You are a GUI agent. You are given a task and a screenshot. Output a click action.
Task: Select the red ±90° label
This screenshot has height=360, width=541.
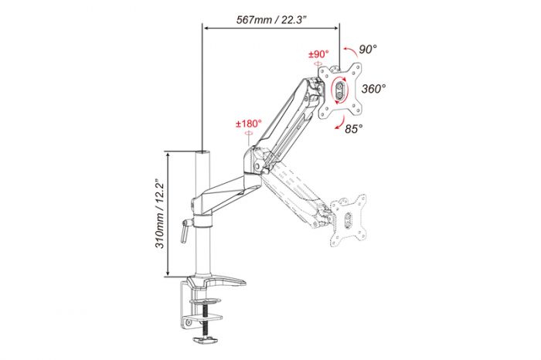(x=318, y=55)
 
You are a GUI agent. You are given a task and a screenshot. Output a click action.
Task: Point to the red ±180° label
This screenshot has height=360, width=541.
(x=249, y=124)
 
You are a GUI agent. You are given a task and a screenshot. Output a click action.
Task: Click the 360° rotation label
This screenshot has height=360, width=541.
(x=373, y=89)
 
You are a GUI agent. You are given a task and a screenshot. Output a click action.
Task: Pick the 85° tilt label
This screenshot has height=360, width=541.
(x=354, y=127)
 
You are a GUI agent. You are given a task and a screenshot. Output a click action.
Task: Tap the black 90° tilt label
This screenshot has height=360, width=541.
(x=367, y=49)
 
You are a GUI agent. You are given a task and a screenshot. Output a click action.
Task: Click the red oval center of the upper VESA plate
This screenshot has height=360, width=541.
(x=340, y=91)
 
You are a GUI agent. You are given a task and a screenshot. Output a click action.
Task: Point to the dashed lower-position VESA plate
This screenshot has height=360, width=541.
(x=349, y=220)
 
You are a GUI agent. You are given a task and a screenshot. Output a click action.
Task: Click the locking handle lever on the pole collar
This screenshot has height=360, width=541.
(x=185, y=229)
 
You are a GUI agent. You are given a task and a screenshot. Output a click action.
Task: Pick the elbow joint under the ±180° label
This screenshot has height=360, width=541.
(x=253, y=158)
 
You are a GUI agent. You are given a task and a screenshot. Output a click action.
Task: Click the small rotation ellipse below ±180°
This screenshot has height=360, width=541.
(x=249, y=134)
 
